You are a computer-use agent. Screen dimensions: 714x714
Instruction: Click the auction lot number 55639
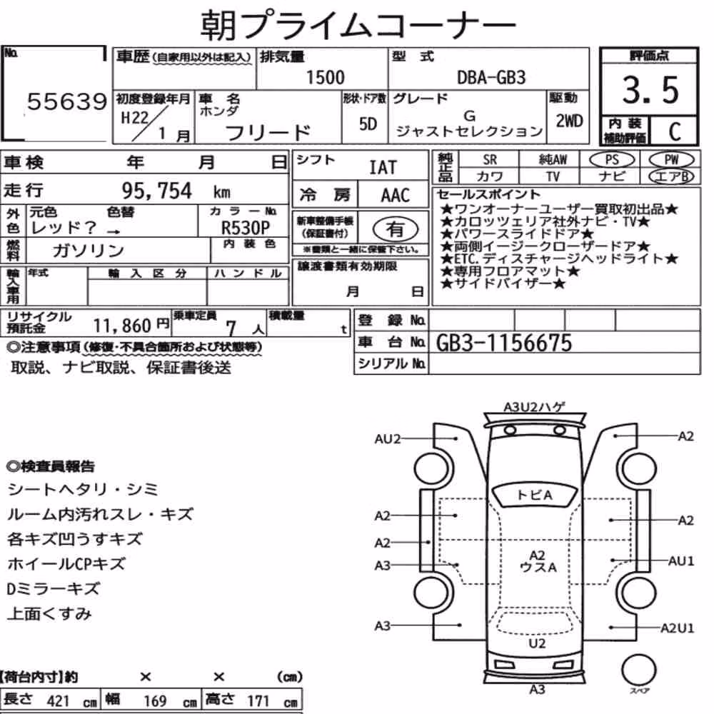(67, 101)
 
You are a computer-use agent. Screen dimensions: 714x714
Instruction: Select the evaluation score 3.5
(650, 90)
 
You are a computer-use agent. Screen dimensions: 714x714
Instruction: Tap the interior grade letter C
(675, 131)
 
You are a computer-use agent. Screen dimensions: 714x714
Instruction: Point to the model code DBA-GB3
(491, 77)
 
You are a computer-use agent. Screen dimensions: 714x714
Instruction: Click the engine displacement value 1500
(325, 77)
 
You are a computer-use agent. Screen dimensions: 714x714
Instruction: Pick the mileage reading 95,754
(156, 191)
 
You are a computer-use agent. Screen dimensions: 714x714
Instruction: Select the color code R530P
(246, 227)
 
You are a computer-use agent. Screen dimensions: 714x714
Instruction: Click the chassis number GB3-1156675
(503, 343)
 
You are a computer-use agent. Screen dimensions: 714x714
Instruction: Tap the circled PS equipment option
(612, 160)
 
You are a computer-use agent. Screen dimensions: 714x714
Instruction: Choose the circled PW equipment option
(671, 160)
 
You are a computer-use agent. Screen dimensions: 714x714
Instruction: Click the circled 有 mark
(396, 229)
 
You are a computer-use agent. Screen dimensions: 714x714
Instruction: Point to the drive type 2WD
(569, 121)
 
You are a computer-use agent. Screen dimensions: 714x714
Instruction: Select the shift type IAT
(383, 168)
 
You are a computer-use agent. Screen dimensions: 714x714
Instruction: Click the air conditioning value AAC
(396, 196)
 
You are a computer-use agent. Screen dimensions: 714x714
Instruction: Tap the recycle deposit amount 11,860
(122, 326)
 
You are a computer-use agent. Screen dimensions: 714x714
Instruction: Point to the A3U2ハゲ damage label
(534, 407)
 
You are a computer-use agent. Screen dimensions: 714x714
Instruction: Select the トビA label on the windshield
(535, 495)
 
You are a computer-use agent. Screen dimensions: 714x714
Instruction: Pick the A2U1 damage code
(677, 628)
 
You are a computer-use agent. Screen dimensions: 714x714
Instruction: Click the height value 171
(258, 701)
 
